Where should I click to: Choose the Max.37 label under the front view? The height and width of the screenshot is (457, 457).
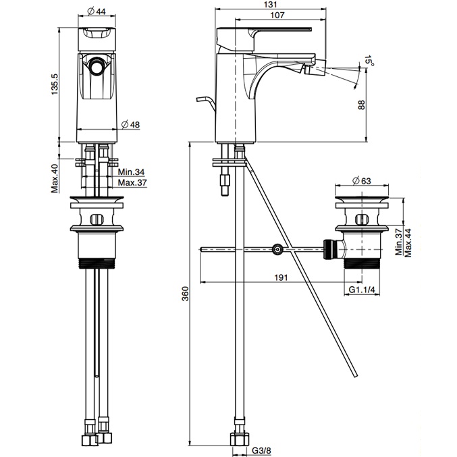tap(132, 183)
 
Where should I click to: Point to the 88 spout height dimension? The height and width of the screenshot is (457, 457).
tap(361, 105)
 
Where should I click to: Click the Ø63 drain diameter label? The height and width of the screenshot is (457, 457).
tap(363, 180)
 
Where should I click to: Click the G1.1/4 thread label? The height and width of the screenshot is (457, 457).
tap(363, 290)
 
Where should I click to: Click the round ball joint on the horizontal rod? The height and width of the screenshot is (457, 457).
tap(277, 250)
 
